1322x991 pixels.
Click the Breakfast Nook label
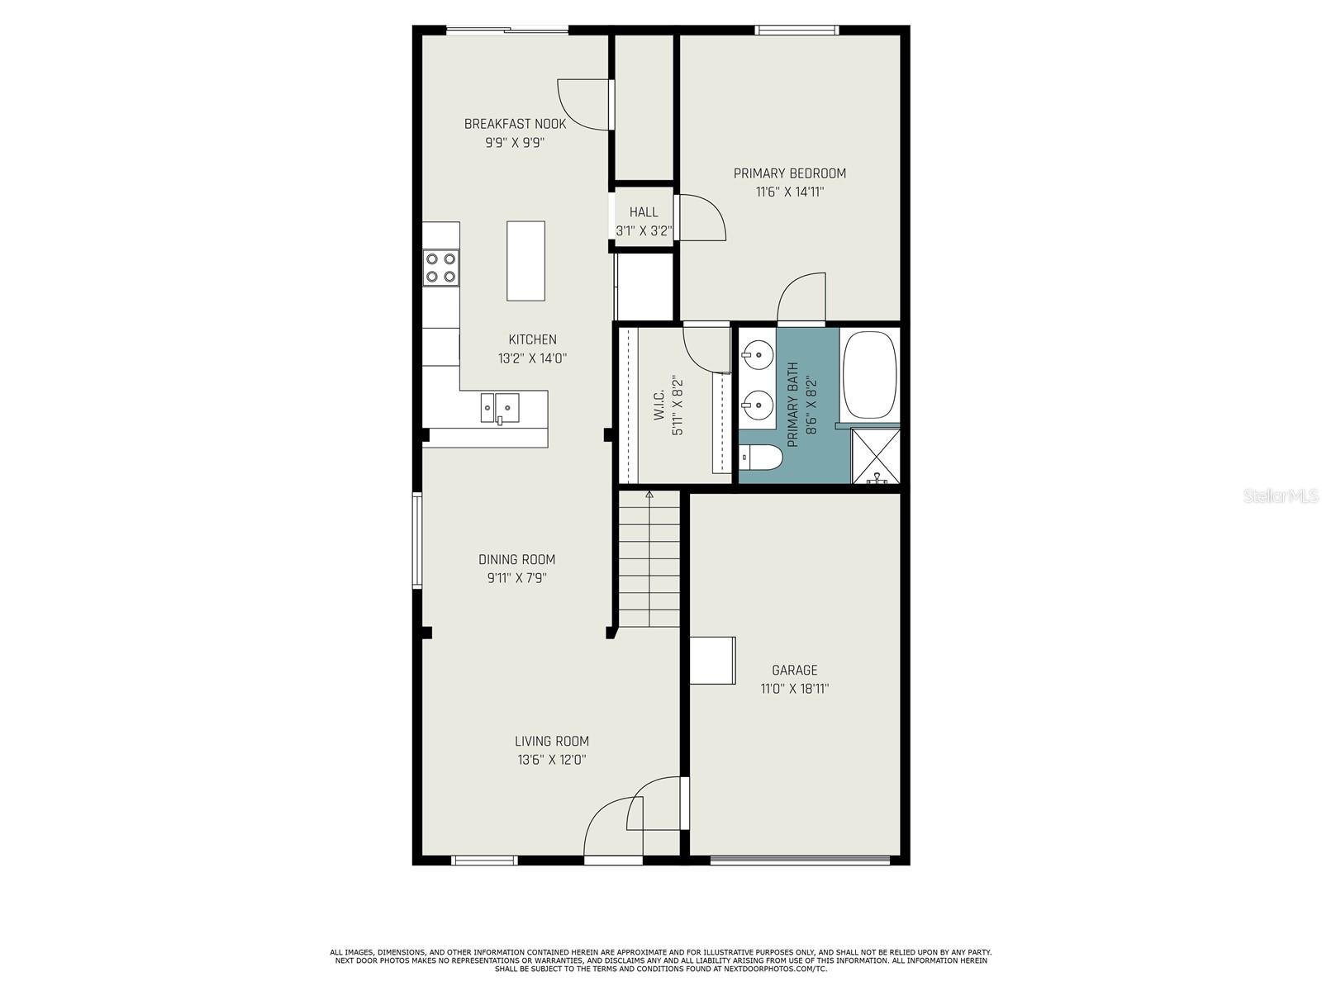coord(515,124)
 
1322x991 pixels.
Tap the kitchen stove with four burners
coord(441,268)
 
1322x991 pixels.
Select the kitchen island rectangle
coord(525,260)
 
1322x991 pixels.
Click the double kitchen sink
coord(500,408)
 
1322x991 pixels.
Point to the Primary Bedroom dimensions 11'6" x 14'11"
coord(790,192)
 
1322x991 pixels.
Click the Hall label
coord(644,211)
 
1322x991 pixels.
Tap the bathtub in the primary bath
coord(869,374)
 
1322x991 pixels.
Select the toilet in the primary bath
coord(761,458)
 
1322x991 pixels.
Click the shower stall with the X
coord(875,456)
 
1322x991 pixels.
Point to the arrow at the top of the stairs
coord(649,495)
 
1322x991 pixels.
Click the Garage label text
coord(794,670)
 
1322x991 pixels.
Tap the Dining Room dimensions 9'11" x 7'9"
coord(516,578)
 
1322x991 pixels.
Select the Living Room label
coord(552,742)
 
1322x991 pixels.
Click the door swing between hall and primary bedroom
coord(701,218)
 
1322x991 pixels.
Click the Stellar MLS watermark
coord(1280,495)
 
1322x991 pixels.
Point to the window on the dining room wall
coord(416,540)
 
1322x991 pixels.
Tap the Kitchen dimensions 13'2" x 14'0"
coord(532,358)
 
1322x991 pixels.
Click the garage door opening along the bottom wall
coord(800,861)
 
